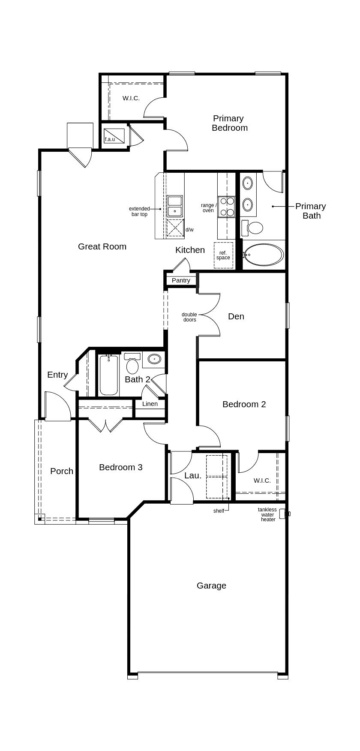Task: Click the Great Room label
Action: (x=102, y=246)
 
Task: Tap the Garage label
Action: (x=211, y=586)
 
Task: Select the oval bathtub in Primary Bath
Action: (x=264, y=255)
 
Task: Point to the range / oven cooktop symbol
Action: (x=226, y=207)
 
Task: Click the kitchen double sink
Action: (x=175, y=206)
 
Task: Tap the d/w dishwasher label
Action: (x=189, y=230)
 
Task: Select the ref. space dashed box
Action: (x=223, y=255)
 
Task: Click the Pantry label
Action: (x=181, y=280)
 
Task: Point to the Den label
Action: (x=236, y=316)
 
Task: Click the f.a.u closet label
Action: (x=110, y=139)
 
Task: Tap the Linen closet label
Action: (x=150, y=404)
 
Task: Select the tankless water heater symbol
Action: (x=284, y=514)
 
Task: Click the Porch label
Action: (x=62, y=471)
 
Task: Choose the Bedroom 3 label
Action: (x=120, y=467)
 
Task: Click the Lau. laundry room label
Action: (x=193, y=475)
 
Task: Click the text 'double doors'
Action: (x=189, y=317)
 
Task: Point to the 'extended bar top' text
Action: (x=139, y=211)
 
